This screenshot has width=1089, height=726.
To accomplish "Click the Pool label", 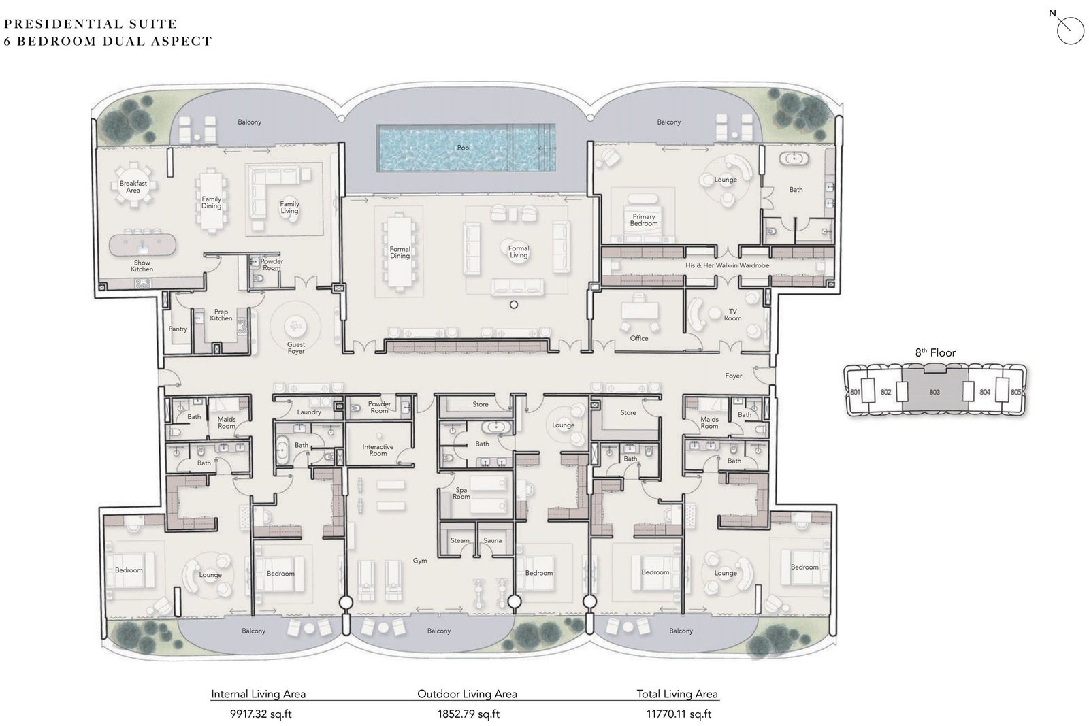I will [464, 148].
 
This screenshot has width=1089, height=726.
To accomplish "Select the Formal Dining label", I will [400, 252].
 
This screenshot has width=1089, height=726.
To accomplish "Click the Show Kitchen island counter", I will [142, 243].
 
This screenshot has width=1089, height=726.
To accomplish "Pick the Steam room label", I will [459, 541].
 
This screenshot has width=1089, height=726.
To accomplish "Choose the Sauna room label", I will [492, 541].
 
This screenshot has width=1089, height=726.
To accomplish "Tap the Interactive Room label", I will [378, 450].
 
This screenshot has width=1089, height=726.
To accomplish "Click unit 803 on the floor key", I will [934, 392].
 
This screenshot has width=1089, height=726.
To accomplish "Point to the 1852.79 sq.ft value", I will [468, 714].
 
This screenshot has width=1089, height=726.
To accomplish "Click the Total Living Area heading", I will [677, 694].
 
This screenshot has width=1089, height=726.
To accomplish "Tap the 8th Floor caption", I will [934, 352].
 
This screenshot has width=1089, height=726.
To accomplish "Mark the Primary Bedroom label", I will [643, 220].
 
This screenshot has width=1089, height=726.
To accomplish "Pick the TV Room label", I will [732, 314].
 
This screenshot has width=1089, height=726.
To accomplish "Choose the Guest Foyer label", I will [295, 348].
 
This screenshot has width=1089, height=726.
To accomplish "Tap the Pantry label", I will [178, 329].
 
